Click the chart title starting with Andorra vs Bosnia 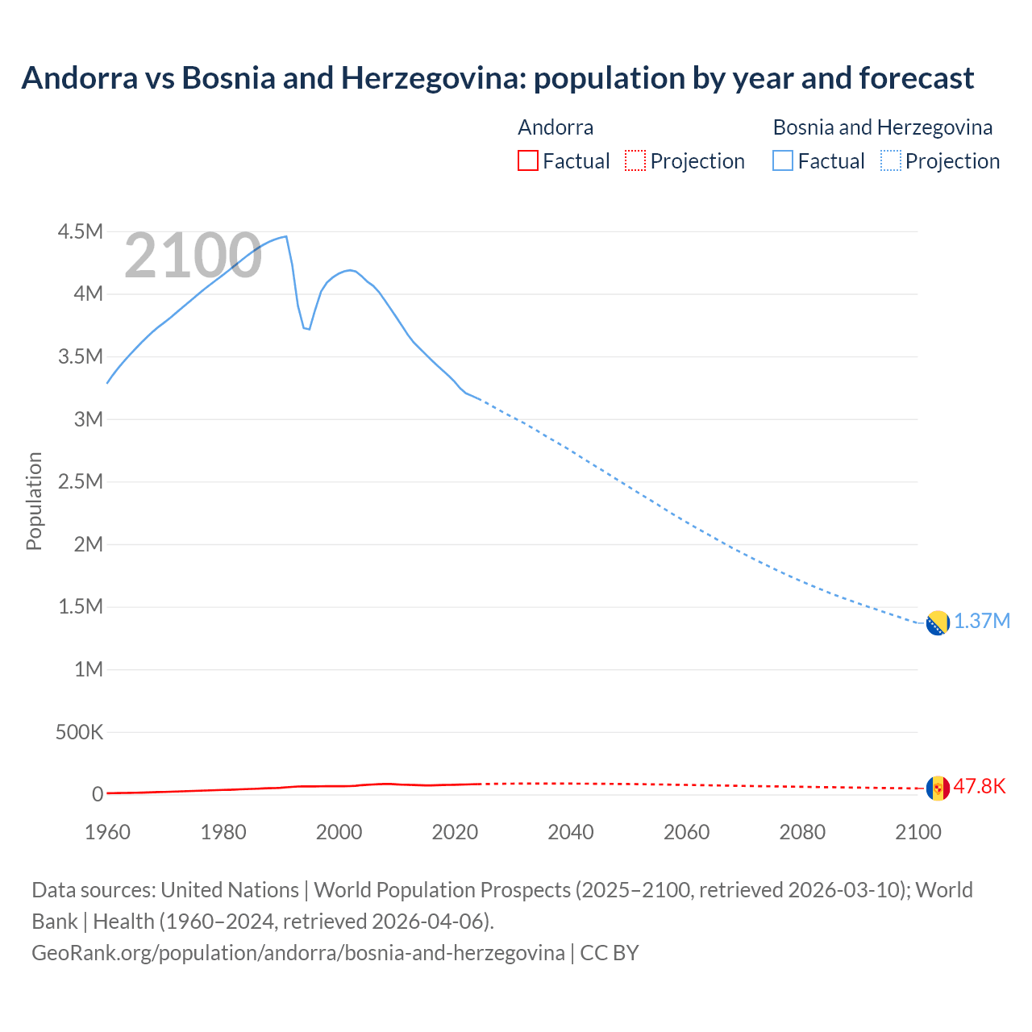(x=497, y=78)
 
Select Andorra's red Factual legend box (x=527, y=160)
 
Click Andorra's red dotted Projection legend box (x=635, y=160)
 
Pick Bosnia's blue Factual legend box (x=783, y=160)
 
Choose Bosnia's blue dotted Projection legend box (x=890, y=160)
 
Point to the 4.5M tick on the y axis (x=81, y=232)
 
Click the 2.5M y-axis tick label (x=81, y=482)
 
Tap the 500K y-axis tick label (x=79, y=732)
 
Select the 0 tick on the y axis (x=98, y=794)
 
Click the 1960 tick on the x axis (x=107, y=832)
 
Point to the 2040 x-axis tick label (x=571, y=832)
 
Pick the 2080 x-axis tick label (x=802, y=832)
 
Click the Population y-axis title (x=34, y=501)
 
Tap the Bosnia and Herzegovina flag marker (x=938, y=623)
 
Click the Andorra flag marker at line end (x=938, y=788)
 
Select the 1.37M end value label (x=982, y=622)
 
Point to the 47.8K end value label (x=980, y=786)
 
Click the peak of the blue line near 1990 (x=286, y=236)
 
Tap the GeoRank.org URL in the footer (x=298, y=953)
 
